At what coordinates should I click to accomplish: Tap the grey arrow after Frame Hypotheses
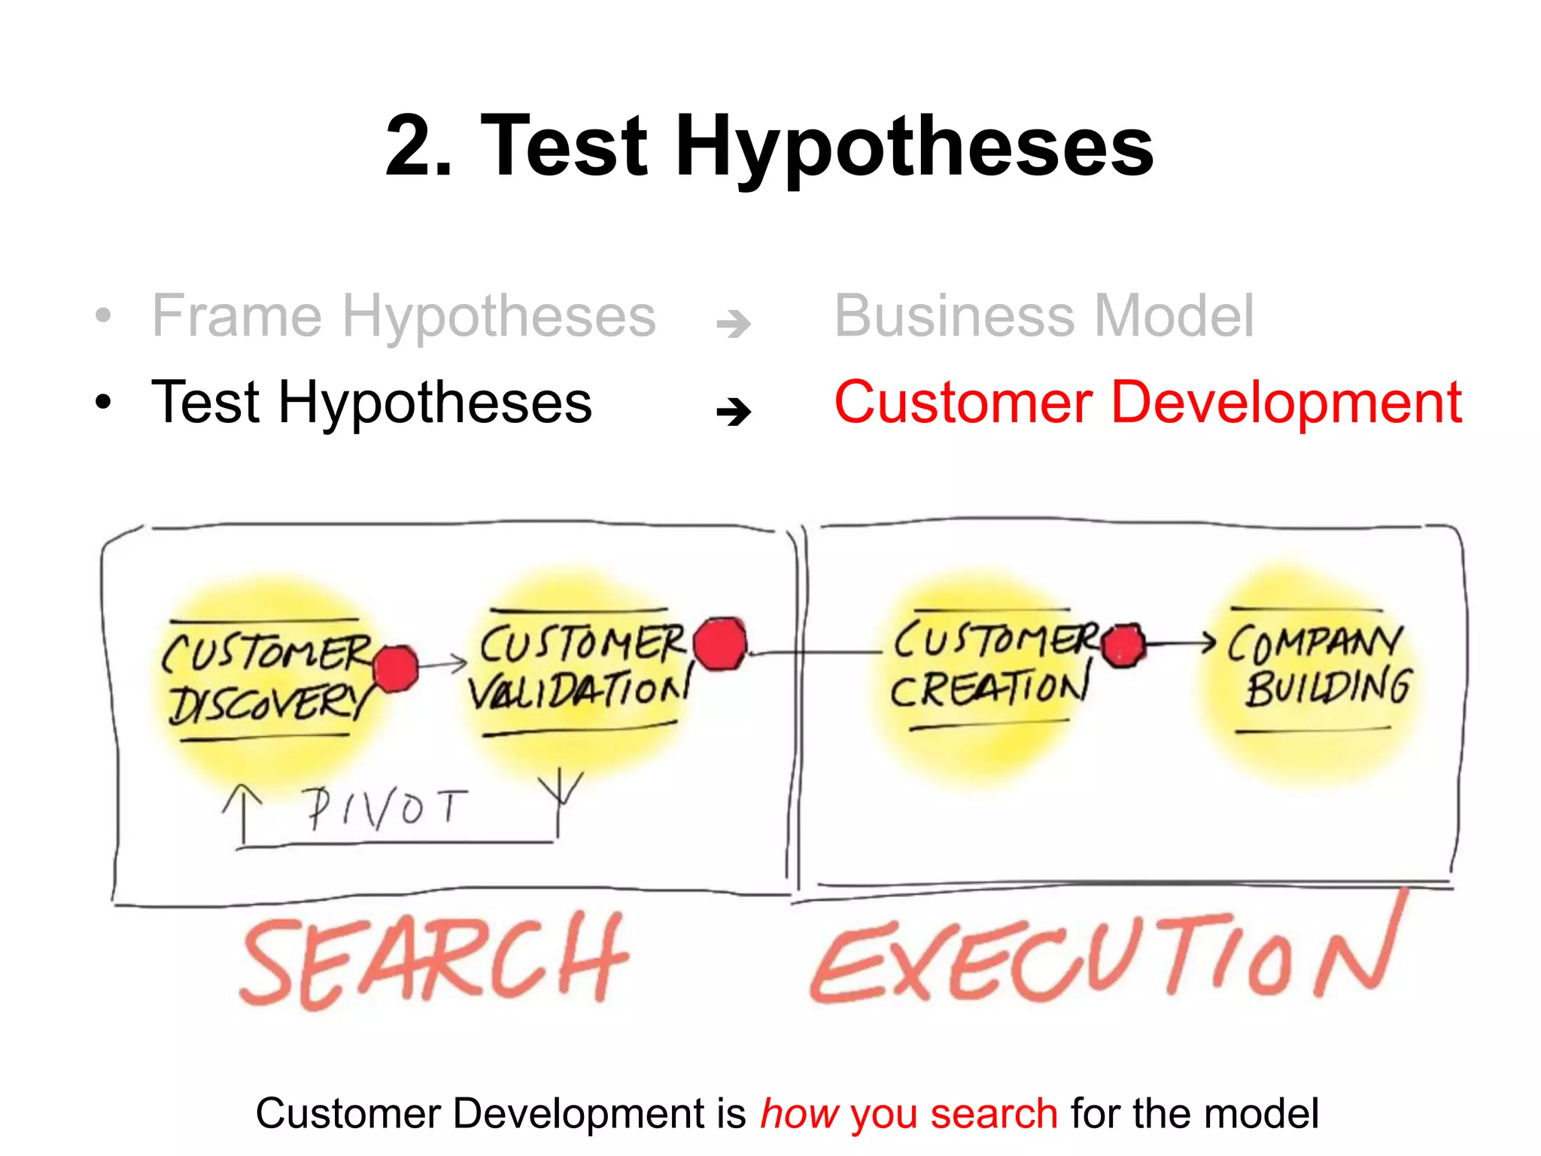point(734,324)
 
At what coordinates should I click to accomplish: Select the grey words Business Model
point(1044,316)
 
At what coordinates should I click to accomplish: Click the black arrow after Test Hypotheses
point(734,411)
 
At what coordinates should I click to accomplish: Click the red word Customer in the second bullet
point(963,403)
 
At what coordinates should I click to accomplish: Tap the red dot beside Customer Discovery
point(395,668)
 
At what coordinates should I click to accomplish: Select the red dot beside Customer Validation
point(720,643)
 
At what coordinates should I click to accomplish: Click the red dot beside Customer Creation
point(1123,645)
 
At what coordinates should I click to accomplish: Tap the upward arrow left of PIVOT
point(243,813)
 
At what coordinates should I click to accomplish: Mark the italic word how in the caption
point(799,1114)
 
